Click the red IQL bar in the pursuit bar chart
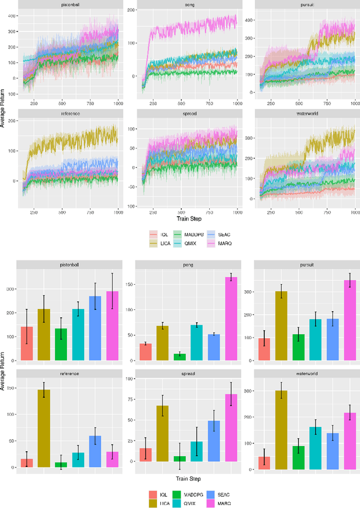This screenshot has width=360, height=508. (263, 349)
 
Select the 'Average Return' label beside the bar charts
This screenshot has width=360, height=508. (4, 370)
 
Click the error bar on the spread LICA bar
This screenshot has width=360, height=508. (162, 406)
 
